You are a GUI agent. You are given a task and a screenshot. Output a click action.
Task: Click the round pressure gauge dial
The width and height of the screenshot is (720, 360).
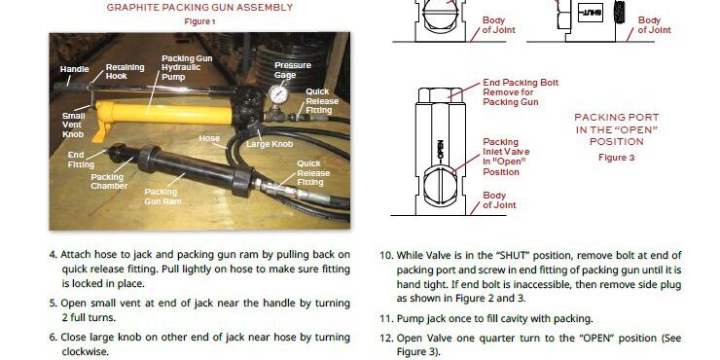278,94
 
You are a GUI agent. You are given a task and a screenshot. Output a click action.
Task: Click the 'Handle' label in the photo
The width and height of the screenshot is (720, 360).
74,69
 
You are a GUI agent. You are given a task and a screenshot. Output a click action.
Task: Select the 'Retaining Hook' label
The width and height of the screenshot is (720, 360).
125,72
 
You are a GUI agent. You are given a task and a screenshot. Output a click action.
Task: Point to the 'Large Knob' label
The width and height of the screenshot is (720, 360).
270,144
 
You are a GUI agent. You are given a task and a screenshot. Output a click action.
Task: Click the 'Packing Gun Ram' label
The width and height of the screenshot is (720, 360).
162,197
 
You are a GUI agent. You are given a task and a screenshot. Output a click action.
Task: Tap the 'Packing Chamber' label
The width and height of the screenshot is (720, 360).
109,181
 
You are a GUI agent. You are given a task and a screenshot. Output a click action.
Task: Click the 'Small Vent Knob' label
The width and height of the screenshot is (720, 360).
74,125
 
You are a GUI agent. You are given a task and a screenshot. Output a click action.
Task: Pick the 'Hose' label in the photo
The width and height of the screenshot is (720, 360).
209,138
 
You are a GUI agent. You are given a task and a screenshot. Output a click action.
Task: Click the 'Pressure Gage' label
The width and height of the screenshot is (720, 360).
293,70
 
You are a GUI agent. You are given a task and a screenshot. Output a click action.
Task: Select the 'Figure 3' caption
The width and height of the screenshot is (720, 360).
616,158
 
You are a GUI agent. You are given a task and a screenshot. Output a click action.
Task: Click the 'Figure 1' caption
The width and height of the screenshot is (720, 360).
199,21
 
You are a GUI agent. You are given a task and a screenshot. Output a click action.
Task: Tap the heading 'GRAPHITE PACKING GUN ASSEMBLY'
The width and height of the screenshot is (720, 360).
199,8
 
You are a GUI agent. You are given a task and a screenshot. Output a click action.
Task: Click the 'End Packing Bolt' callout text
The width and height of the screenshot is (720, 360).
521,83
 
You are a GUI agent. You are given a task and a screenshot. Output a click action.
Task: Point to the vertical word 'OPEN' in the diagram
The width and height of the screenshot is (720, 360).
441,150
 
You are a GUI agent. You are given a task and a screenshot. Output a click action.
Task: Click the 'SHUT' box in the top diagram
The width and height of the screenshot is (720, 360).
591,13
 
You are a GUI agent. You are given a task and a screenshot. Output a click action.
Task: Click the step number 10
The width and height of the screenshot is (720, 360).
385,255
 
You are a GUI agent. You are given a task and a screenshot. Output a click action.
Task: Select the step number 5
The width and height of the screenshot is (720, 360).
54,304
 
